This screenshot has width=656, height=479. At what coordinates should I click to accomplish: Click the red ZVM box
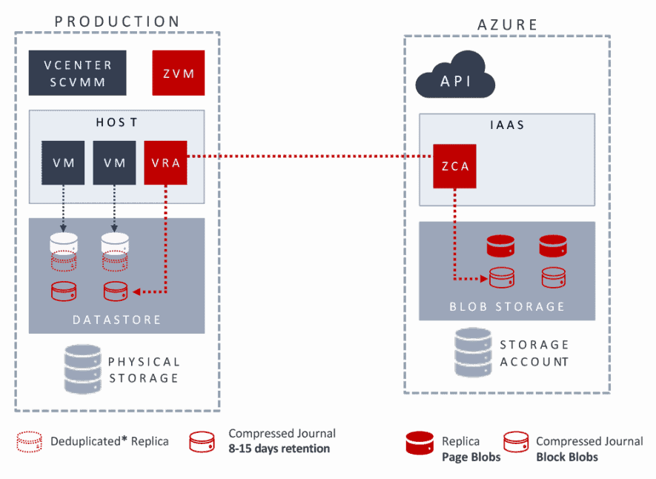(x=179, y=73)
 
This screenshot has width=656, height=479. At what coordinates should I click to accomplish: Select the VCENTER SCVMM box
(x=77, y=73)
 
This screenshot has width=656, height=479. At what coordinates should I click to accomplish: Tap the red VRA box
(x=165, y=162)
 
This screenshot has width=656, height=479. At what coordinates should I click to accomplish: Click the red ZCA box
(x=455, y=166)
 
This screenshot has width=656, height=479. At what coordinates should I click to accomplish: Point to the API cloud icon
(x=456, y=75)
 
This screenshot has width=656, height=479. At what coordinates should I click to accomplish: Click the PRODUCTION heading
(x=117, y=21)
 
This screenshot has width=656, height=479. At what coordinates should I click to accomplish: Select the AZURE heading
(x=507, y=25)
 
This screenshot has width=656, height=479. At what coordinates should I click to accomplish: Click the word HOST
(x=117, y=122)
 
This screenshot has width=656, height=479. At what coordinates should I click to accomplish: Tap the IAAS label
(x=507, y=125)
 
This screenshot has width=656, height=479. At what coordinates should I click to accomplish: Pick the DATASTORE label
(x=116, y=320)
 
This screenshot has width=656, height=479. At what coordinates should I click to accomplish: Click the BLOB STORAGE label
(x=507, y=306)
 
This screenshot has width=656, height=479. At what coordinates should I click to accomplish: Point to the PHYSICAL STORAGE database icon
(x=83, y=369)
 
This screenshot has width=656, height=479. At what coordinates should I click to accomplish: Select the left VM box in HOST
(x=64, y=162)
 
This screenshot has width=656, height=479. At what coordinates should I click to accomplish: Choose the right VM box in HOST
(x=114, y=162)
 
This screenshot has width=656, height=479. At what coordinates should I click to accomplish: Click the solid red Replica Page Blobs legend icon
(x=419, y=442)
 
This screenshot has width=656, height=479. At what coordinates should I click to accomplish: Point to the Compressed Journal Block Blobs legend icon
(x=516, y=442)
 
